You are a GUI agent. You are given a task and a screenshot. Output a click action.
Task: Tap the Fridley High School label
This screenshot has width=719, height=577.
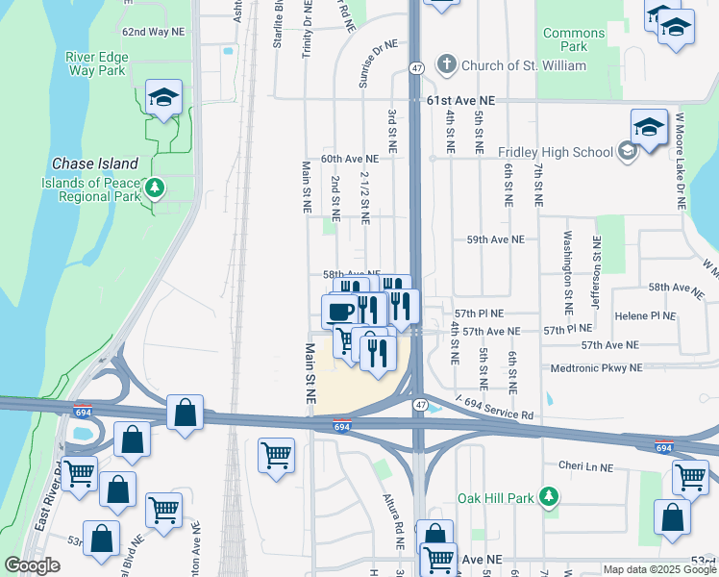click(555, 152)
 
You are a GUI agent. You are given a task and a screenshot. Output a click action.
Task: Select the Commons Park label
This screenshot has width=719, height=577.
click(574, 39)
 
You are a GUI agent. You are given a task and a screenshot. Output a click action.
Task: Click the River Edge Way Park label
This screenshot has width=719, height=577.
click(95, 63)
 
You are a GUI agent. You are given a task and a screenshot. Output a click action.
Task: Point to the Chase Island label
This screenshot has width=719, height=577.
click(95, 163)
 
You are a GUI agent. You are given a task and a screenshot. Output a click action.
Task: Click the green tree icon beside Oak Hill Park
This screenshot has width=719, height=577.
click(549, 496)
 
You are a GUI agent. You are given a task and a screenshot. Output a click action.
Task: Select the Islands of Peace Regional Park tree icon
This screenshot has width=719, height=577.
click(154, 188)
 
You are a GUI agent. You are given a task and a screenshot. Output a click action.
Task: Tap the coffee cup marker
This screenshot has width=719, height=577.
click(339, 311)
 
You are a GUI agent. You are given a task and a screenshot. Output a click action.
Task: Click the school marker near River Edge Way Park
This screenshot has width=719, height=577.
click(164, 97)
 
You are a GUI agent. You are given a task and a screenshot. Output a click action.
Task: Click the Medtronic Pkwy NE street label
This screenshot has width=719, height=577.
click(596, 368)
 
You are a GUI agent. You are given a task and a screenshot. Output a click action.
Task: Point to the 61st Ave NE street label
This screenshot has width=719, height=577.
click(460, 100)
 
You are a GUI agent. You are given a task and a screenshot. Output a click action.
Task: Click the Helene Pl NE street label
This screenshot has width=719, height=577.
click(645, 315)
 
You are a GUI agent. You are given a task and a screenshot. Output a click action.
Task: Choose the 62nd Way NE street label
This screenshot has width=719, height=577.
click(154, 32)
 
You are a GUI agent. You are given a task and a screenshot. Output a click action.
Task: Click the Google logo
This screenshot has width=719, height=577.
click(33, 565)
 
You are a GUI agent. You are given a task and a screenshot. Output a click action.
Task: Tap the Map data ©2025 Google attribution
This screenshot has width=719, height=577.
click(658, 569)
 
